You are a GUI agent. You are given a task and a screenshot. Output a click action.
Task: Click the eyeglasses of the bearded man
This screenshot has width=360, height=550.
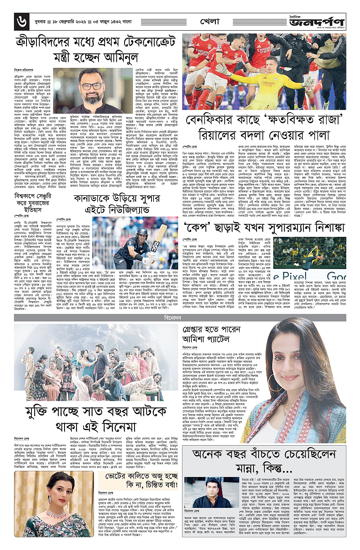(93, 86)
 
